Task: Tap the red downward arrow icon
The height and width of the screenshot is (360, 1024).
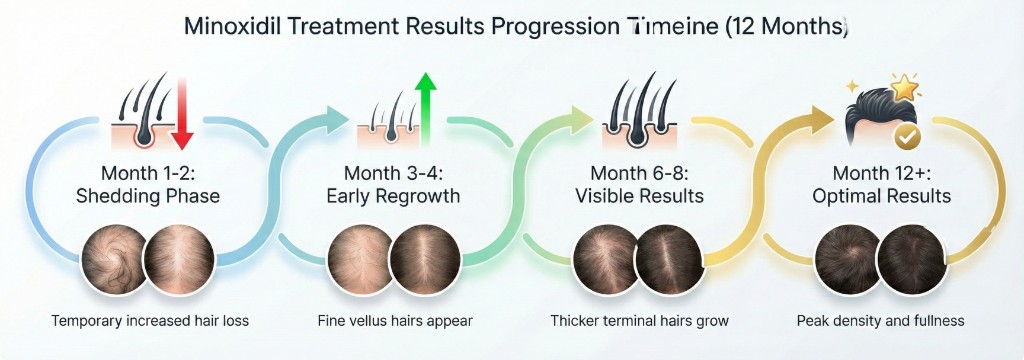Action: [x=181, y=115]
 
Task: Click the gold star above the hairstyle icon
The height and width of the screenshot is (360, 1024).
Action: [x=904, y=89]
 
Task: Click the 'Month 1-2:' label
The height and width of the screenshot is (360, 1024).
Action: [x=147, y=171]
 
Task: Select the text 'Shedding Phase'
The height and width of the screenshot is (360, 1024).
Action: [x=147, y=196]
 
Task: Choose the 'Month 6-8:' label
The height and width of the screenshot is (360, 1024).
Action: [x=639, y=171]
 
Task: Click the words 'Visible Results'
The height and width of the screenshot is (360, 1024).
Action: [x=639, y=196]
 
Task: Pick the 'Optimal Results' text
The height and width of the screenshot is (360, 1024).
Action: [x=881, y=196]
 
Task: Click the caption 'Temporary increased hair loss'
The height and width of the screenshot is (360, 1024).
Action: [x=148, y=321]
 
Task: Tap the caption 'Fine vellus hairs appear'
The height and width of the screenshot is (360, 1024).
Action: [x=393, y=321]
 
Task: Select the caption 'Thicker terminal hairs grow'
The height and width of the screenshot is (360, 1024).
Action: [x=639, y=321]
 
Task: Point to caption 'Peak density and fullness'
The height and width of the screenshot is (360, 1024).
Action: [x=881, y=321]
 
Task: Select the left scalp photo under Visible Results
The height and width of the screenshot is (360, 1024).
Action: [x=608, y=257]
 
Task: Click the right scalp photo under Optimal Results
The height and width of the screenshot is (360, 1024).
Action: [x=911, y=257]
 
